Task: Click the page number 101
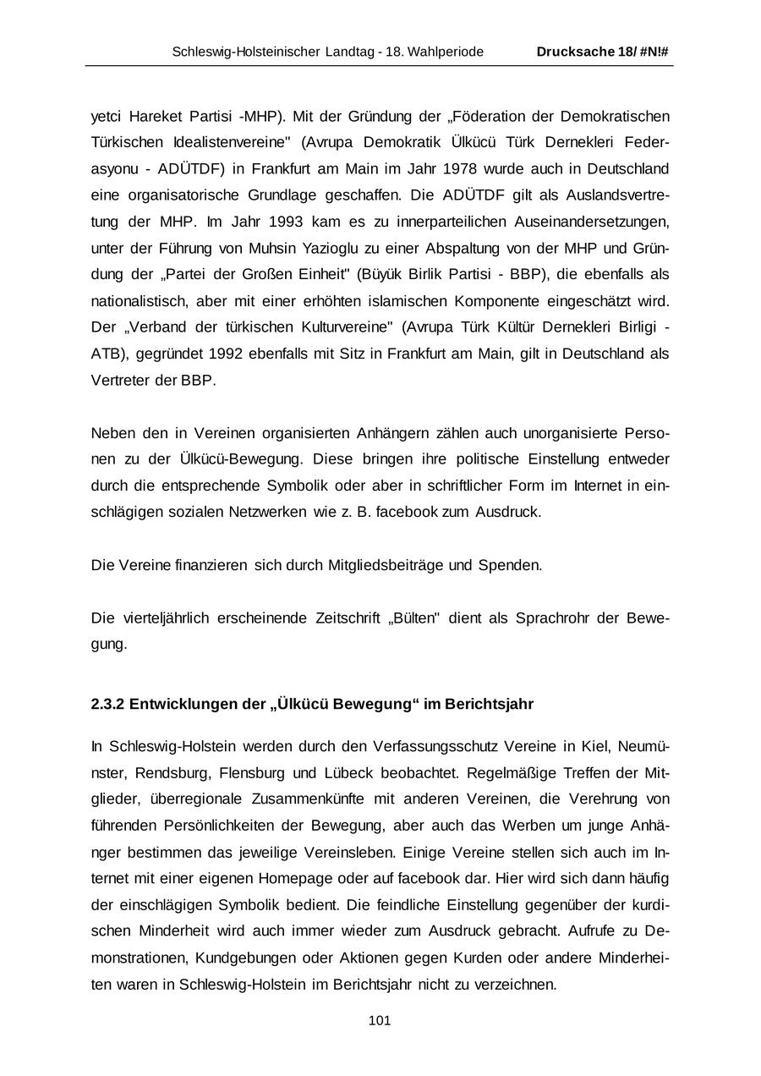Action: [380, 1021]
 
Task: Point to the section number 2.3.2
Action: [107, 705]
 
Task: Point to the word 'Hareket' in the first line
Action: [162, 116]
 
